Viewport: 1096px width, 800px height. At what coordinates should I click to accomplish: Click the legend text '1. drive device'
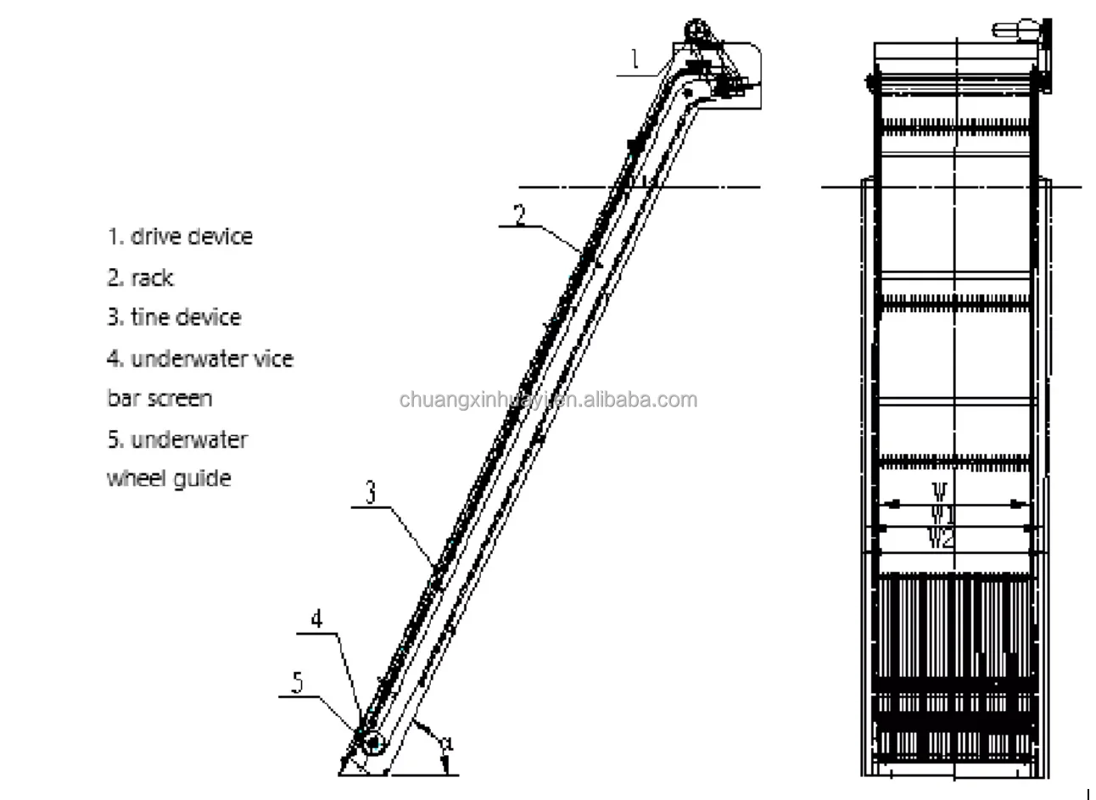pyautogui.click(x=180, y=236)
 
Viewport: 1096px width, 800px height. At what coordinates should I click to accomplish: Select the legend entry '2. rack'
pyautogui.click(x=140, y=277)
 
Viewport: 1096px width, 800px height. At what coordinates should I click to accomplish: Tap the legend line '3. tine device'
pyautogui.click(x=174, y=317)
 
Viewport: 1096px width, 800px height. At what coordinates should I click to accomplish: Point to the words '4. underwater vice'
pyautogui.click(x=200, y=359)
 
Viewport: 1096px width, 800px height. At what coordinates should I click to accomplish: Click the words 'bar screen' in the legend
pyautogui.click(x=159, y=398)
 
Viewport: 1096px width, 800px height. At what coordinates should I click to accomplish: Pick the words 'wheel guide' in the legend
pyautogui.click(x=169, y=478)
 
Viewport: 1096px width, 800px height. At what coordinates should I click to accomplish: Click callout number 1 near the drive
pyautogui.click(x=633, y=59)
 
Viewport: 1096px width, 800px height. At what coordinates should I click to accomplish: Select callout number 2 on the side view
pyautogui.click(x=521, y=213)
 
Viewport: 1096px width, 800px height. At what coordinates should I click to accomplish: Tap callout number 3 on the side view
pyautogui.click(x=370, y=493)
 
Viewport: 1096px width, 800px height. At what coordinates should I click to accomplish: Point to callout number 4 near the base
pyautogui.click(x=316, y=618)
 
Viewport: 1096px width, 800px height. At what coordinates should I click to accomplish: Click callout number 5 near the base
pyautogui.click(x=297, y=682)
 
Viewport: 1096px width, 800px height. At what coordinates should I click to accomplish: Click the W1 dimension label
pyautogui.click(x=942, y=513)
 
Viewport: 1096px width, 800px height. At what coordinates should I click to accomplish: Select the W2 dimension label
pyautogui.click(x=942, y=537)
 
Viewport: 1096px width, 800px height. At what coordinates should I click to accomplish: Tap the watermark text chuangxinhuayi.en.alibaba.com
pyautogui.click(x=548, y=400)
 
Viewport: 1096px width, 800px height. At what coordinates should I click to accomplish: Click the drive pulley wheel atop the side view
pyautogui.click(x=696, y=31)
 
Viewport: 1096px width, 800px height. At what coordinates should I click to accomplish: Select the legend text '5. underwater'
pyautogui.click(x=177, y=439)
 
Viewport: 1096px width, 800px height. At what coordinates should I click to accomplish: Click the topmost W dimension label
pyautogui.click(x=940, y=491)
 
